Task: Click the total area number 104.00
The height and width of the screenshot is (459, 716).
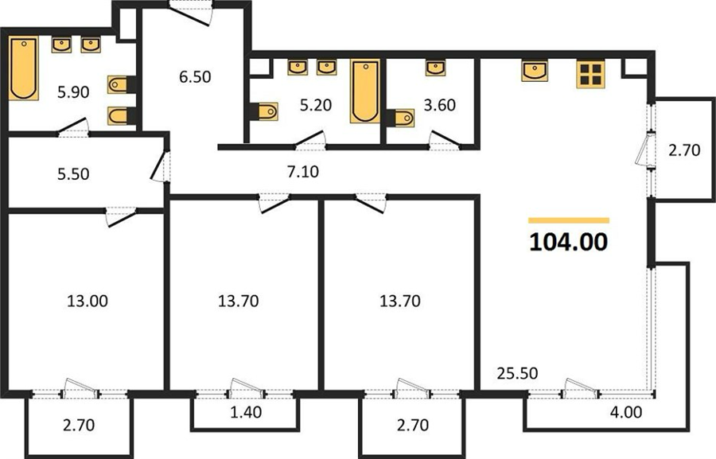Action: click(x=569, y=242)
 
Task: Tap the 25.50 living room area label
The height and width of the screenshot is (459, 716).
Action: click(x=517, y=373)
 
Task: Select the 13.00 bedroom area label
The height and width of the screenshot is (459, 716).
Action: click(x=88, y=301)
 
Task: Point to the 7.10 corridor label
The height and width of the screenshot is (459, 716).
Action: click(x=303, y=172)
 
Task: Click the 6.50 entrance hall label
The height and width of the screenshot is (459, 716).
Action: click(x=195, y=76)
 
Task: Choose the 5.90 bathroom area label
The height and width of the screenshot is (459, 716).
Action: click(x=73, y=92)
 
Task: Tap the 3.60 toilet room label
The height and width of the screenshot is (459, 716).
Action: click(x=439, y=105)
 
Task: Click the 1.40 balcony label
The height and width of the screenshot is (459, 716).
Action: click(x=246, y=412)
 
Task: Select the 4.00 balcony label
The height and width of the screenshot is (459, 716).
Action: click(x=626, y=412)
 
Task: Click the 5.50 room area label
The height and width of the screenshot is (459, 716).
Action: click(x=73, y=174)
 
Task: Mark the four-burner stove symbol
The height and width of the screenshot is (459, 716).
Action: click(x=590, y=74)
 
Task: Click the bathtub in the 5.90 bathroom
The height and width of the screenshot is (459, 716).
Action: click(x=23, y=69)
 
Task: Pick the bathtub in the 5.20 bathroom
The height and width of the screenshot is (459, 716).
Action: click(x=365, y=91)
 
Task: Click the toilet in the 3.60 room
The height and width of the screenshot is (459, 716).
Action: click(x=400, y=118)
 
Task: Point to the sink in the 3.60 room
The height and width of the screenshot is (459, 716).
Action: click(x=436, y=68)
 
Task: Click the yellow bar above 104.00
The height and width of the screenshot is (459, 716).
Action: click(x=569, y=220)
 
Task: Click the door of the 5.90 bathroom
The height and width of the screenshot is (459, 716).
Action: click(x=73, y=127)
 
